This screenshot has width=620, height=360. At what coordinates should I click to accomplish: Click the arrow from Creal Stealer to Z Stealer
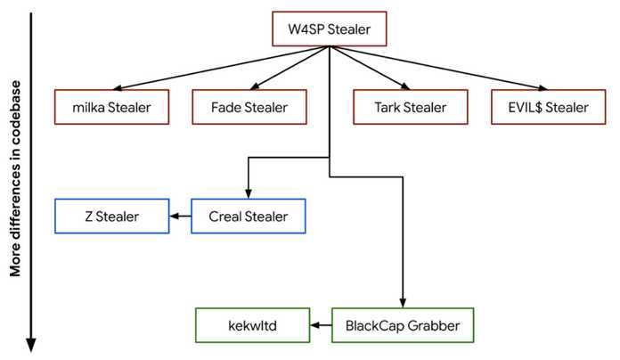180,217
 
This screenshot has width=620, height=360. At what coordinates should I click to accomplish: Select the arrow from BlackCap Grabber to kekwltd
321,325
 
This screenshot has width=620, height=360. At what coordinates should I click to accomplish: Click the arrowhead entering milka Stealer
117,88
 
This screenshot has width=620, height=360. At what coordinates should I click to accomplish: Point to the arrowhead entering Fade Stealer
255,86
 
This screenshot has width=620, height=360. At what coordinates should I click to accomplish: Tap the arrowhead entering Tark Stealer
405,86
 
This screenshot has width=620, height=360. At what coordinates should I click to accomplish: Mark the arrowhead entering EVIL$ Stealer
543,88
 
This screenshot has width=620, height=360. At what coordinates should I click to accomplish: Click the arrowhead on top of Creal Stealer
249,193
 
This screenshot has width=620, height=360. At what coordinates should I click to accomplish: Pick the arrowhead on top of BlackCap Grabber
403,303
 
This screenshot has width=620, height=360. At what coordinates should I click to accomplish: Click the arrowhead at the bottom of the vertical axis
31,345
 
